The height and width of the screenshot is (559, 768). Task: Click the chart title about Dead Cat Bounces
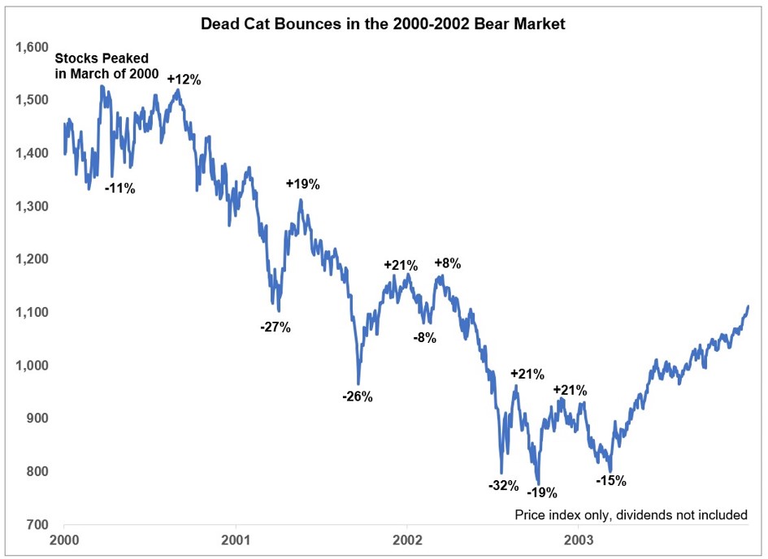click(x=383, y=25)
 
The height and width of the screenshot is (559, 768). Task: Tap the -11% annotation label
click(x=119, y=188)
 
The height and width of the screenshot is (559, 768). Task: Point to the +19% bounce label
click(x=302, y=184)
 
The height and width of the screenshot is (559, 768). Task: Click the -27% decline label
click(x=275, y=327)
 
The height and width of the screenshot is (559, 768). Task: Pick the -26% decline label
click(x=357, y=396)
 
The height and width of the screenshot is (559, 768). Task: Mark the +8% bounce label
click(x=447, y=263)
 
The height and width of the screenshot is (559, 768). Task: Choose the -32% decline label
click(x=503, y=486)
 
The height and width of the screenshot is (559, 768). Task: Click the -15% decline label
click(x=611, y=480)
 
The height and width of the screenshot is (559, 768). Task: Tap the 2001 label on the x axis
click(x=236, y=539)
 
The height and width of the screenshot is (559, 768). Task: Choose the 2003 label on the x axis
click(x=579, y=539)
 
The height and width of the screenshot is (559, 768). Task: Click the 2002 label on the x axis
click(x=407, y=539)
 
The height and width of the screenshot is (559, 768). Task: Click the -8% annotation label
click(x=423, y=338)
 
